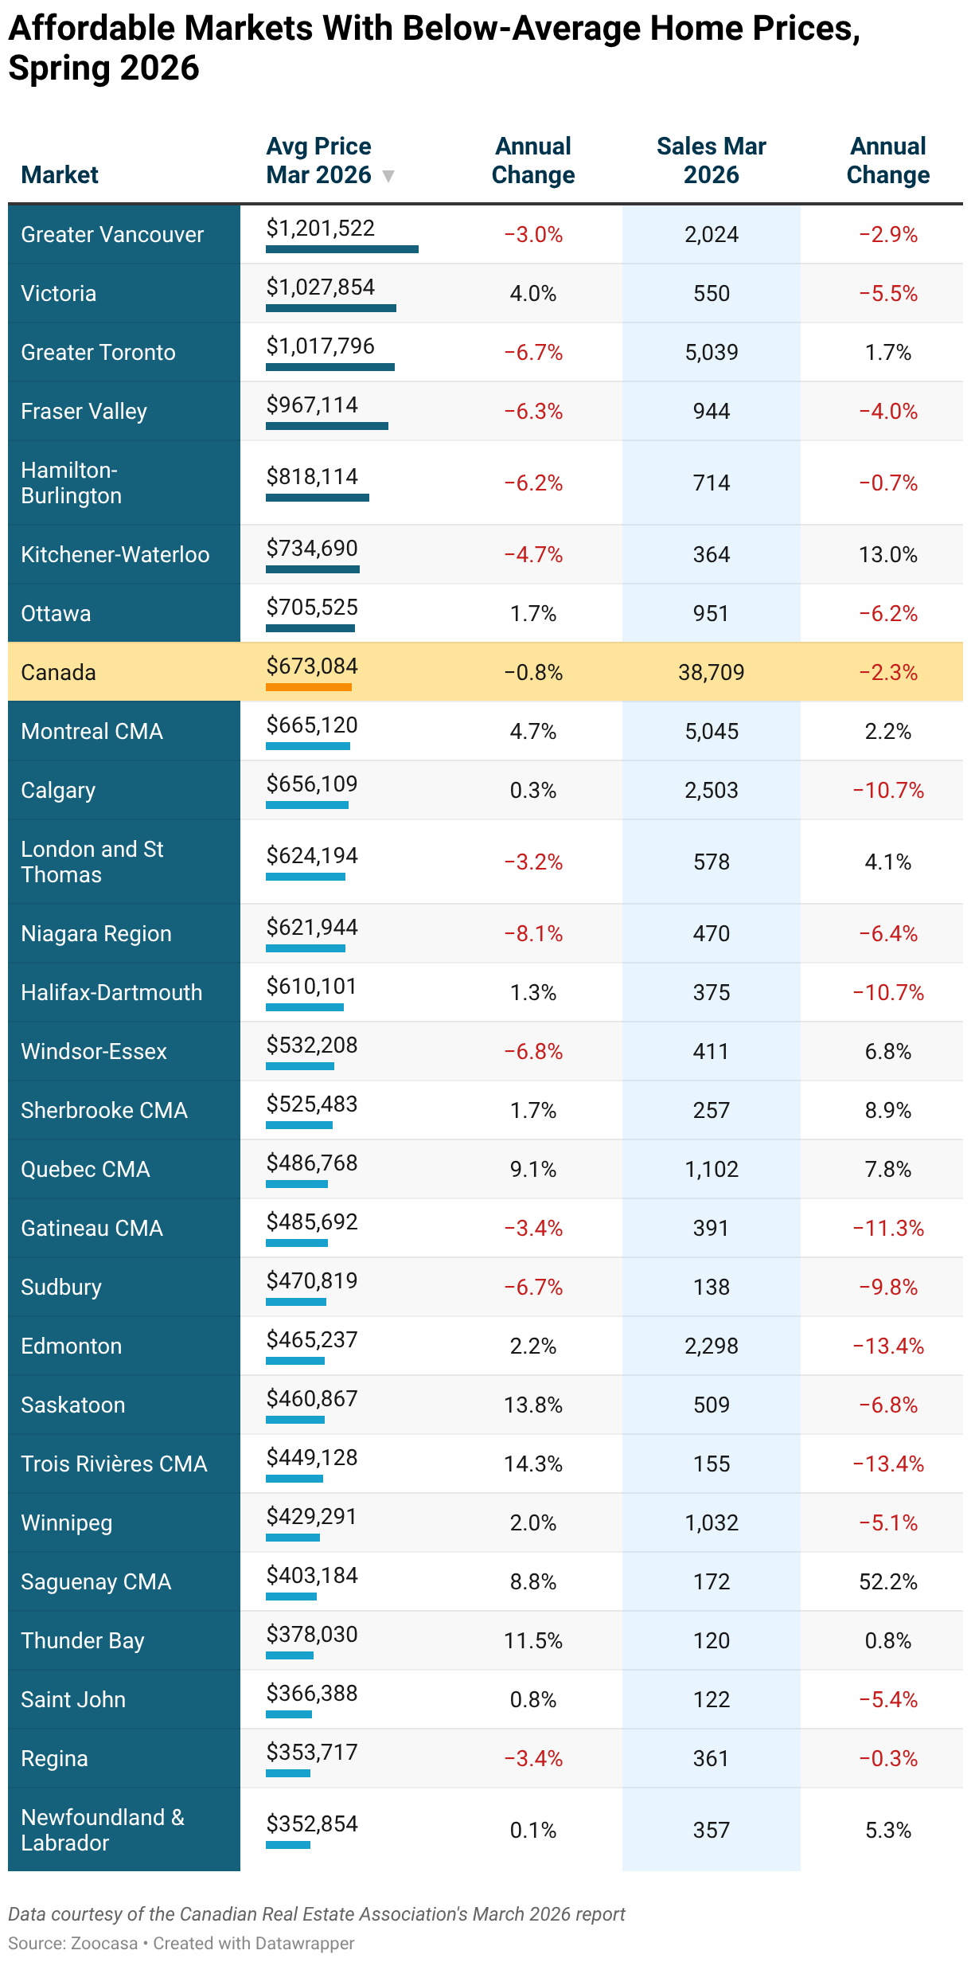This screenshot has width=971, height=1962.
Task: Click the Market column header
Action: pos(60,174)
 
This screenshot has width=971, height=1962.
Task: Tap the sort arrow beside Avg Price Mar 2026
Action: pos(388,176)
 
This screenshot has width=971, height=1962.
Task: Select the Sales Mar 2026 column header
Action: pos(712,160)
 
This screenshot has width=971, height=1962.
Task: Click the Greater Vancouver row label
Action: pos(112,234)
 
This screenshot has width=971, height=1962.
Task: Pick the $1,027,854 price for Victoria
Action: pos(321,287)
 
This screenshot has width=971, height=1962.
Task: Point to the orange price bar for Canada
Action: pos(309,686)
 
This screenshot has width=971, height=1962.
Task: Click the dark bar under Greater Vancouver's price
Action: pos(342,249)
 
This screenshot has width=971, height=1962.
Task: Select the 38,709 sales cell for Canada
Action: pos(712,672)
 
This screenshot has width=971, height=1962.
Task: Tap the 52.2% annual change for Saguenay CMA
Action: pos(888,1581)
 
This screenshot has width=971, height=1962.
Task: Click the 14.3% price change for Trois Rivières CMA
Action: pos(533,1464)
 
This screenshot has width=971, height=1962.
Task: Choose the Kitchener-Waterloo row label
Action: pos(115,554)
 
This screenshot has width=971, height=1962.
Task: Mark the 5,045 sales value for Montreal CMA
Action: pos(712,731)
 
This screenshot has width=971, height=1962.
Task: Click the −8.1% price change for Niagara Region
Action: pos(533,933)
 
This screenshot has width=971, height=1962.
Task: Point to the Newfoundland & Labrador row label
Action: pos(103,1830)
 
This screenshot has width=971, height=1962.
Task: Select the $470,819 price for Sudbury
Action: pos(312,1280)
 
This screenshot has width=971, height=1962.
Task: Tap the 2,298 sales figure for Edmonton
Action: pos(712,1346)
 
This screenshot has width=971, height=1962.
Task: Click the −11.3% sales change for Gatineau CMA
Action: pos(888,1228)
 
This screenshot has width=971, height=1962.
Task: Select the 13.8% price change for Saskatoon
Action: pos(533,1405)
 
